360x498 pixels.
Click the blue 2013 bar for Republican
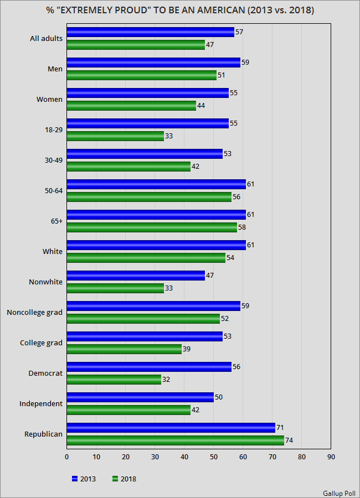tap(171, 427)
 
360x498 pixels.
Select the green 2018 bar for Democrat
tap(114, 379)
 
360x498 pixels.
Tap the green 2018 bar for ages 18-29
tap(115, 136)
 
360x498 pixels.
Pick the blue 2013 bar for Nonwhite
tap(136, 275)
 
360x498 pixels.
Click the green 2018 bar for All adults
tap(136, 44)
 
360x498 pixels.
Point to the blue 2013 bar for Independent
tap(140, 397)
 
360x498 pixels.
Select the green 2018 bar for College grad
tap(124, 349)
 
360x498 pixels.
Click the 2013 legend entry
tap(84, 479)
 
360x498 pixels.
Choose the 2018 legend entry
tap(124, 479)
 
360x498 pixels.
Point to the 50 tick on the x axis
tap(214, 457)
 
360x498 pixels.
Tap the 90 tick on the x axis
tap(331, 457)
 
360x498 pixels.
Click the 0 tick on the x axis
tap(67, 457)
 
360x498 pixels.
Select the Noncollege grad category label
tap(34, 313)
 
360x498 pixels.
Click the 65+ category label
tap(55, 221)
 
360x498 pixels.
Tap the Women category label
tap(50, 100)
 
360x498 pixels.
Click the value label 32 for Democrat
tap(166, 379)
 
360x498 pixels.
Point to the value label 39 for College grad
tap(186, 349)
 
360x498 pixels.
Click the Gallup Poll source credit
tap(340, 492)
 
